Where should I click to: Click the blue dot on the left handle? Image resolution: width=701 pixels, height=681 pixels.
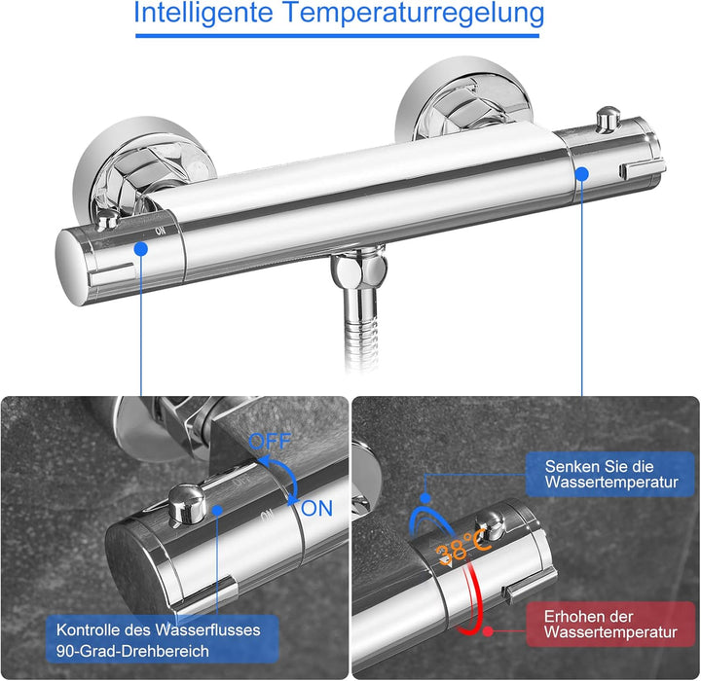click(141, 249)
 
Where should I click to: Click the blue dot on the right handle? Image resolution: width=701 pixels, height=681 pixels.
click(582, 172)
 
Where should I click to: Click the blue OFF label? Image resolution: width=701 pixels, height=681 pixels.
click(270, 442)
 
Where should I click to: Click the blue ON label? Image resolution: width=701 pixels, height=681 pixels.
click(316, 508)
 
